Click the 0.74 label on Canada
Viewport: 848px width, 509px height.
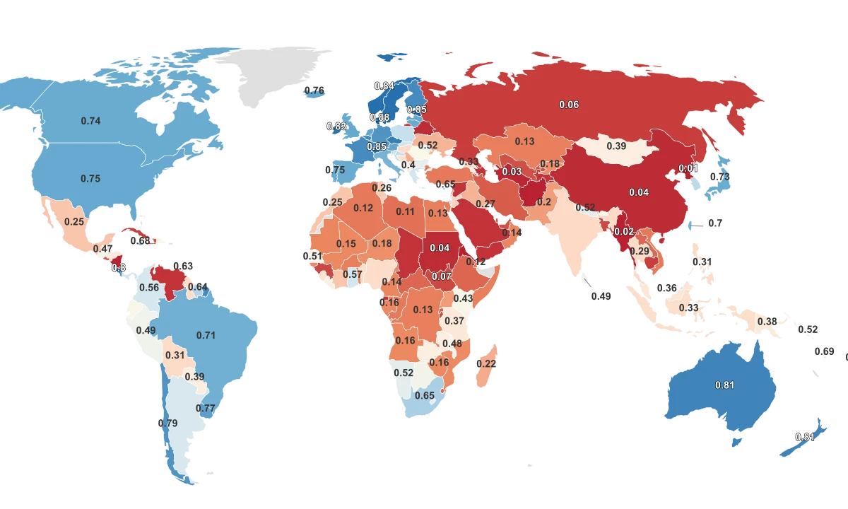pyautogui.click(x=90, y=121)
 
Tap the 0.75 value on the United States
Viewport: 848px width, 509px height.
pyautogui.click(x=90, y=179)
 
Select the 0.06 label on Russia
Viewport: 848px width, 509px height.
pyautogui.click(x=569, y=105)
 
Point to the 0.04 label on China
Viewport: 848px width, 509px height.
pyautogui.click(x=639, y=192)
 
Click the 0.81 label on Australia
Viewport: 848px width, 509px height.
pyautogui.click(x=724, y=385)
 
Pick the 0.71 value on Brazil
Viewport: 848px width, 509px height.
pyautogui.click(x=206, y=335)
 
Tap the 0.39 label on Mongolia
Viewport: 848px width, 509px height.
pyautogui.click(x=617, y=146)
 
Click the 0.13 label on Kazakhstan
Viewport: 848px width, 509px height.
pyautogui.click(x=524, y=141)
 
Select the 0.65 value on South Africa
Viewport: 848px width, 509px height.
pyautogui.click(x=424, y=395)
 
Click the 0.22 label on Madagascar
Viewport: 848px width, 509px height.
pyautogui.click(x=486, y=363)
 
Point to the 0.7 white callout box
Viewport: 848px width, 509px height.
pyautogui.click(x=715, y=223)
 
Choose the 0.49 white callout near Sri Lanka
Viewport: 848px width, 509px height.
pyautogui.click(x=601, y=296)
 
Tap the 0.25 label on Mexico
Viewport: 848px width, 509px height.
pyautogui.click(x=74, y=221)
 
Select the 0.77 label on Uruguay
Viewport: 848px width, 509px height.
pyautogui.click(x=205, y=408)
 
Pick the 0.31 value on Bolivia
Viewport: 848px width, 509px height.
pyautogui.click(x=175, y=355)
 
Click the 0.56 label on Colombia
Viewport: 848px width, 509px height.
pyautogui.click(x=149, y=288)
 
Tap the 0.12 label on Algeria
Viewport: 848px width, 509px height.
pyautogui.click(x=363, y=208)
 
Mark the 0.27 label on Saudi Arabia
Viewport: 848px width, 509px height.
pyautogui.click(x=485, y=204)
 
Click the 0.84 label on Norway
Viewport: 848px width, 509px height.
pyautogui.click(x=384, y=86)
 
